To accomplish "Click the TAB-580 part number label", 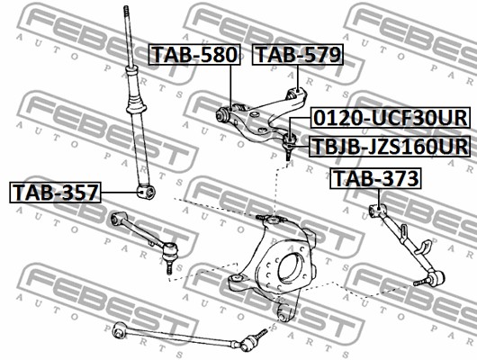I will point(194,55).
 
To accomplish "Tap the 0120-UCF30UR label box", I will point(389,119).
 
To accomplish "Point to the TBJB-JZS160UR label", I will point(389,144).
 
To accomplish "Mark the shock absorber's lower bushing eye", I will point(145,191).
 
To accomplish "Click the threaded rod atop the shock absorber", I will point(125,36).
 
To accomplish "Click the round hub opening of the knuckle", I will point(289,266).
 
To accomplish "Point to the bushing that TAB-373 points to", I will point(378,211).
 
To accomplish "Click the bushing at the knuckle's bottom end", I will point(284,311).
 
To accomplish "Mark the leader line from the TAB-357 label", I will point(120,191).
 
